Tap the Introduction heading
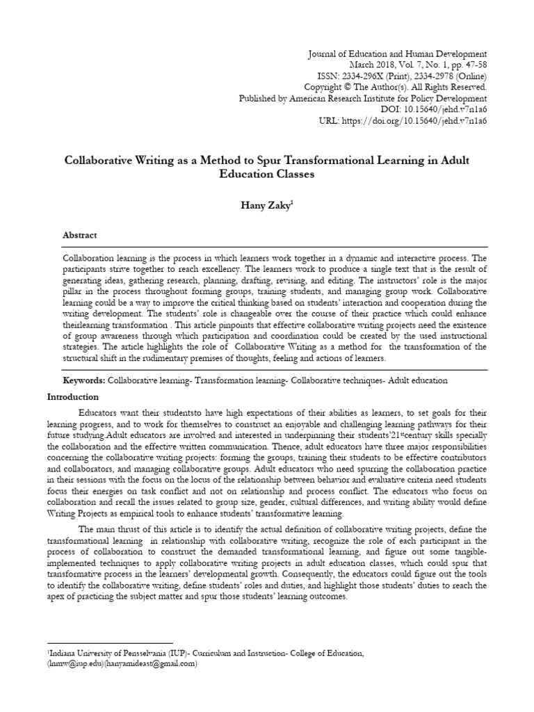[x=73, y=396]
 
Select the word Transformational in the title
[x=334, y=161]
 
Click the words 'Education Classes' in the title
[x=267, y=175]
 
